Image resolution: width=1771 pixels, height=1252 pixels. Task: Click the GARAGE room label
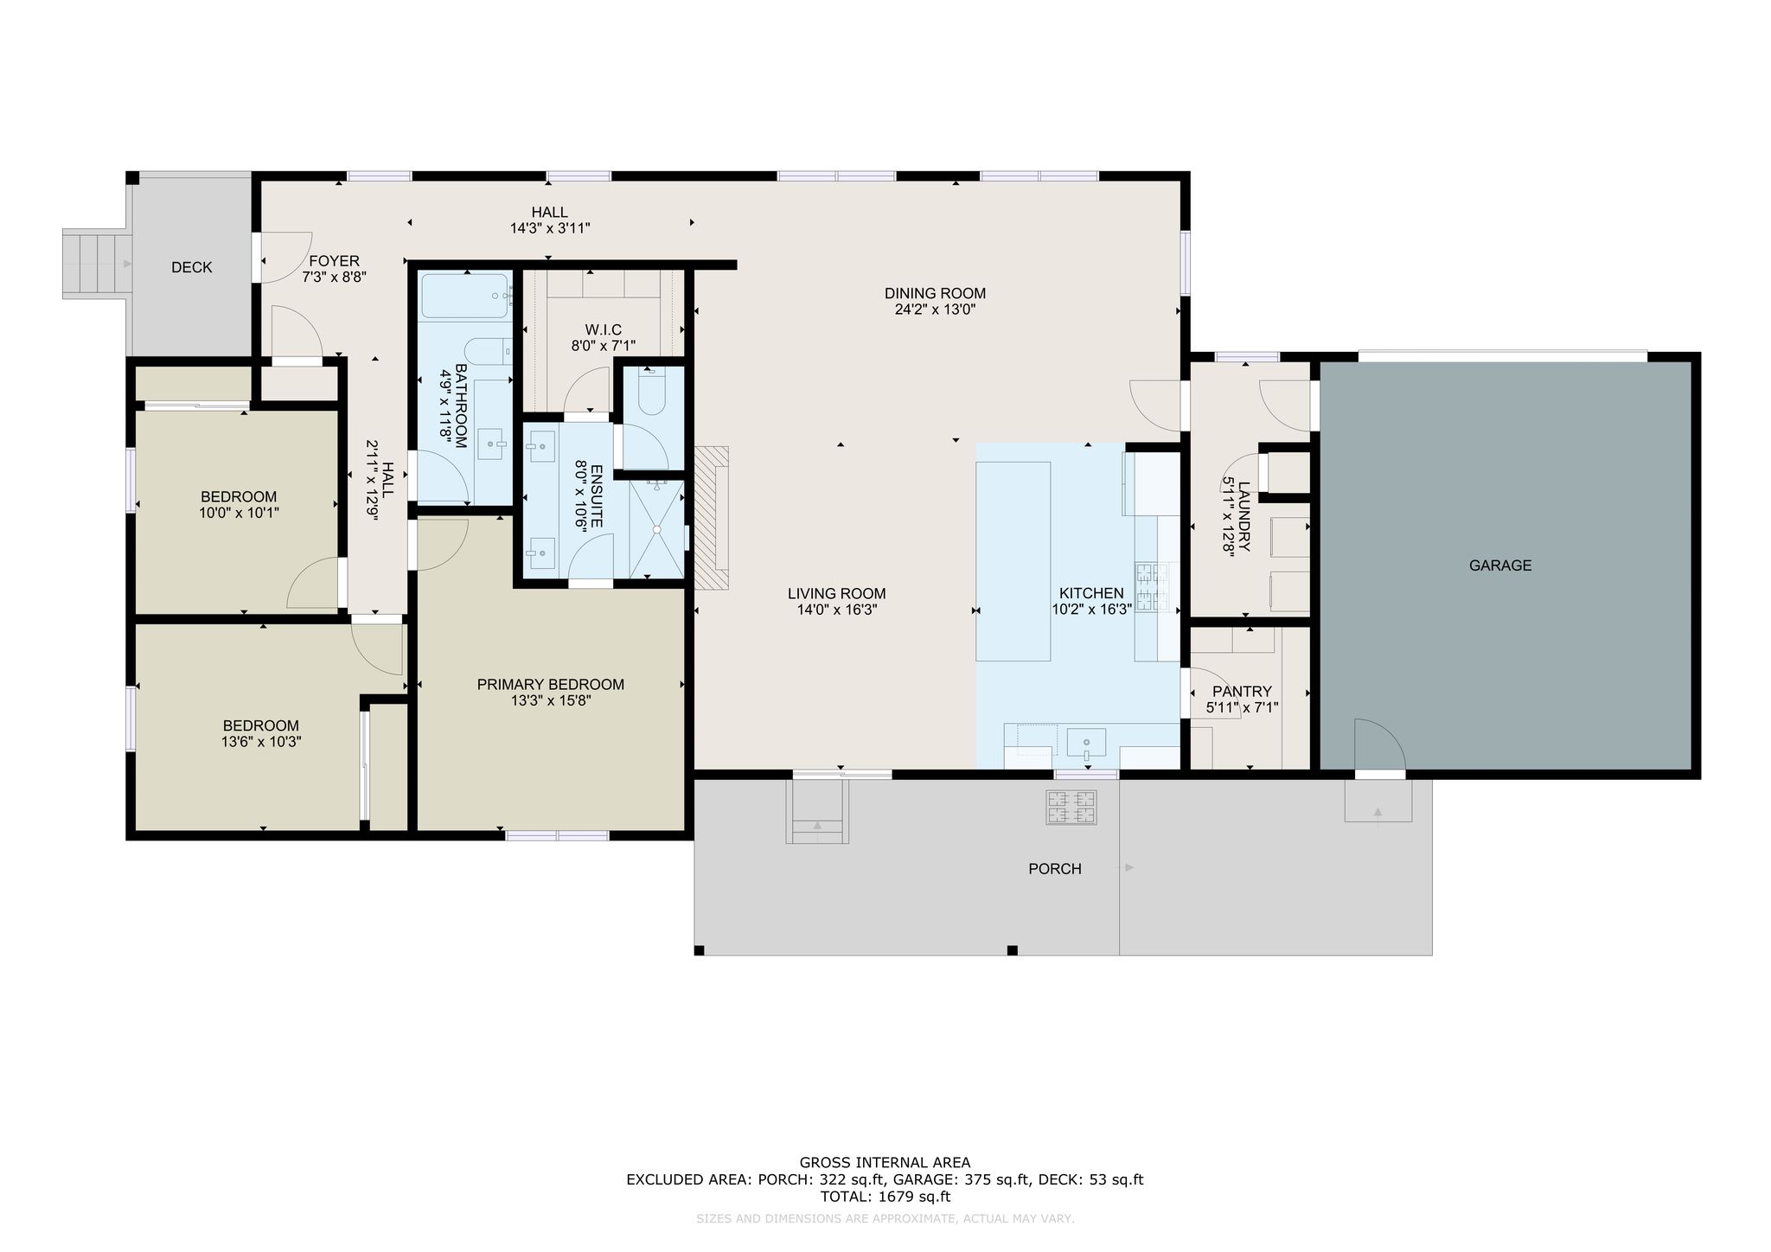1499,565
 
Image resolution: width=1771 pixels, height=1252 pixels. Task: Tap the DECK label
191,267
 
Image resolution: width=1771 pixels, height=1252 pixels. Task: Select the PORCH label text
1054,869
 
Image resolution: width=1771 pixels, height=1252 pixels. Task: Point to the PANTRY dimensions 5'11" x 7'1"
1242,707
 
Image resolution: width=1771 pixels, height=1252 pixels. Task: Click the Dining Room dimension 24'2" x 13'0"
935,309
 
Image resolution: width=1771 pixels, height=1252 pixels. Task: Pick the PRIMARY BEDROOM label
550,685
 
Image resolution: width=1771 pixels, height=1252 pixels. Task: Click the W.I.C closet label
603,329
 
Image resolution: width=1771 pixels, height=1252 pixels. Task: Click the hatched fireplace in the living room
712,518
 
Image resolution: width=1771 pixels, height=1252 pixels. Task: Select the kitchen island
1013,561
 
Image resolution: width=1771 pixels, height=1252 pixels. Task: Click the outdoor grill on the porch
1072,807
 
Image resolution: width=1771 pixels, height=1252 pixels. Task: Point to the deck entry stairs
96,264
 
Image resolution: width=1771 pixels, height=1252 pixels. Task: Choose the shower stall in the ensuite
656,529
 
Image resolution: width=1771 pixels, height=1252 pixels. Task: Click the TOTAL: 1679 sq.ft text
885,1197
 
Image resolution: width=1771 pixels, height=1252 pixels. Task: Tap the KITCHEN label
1091,593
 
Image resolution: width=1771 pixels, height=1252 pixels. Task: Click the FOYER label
334,261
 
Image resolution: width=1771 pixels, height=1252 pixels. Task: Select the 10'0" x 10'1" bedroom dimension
239,513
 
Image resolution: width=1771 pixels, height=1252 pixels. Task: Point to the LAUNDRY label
1244,517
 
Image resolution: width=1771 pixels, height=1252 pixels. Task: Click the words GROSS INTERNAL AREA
885,1163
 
